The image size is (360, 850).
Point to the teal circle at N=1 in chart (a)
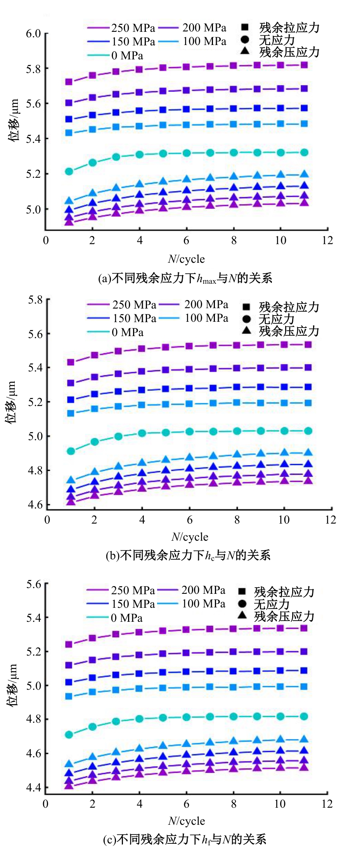[x=69, y=171]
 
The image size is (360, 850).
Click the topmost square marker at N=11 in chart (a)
[x=304, y=65]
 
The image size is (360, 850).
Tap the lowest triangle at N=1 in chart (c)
[x=69, y=785]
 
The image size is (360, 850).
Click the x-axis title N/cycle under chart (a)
[x=186, y=259]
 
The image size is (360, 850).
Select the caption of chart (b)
[x=188, y=555]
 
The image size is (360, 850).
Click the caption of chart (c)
[x=185, y=840]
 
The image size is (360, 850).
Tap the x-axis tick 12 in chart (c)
[x=327, y=804]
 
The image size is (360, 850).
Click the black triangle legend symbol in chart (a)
[x=245, y=50]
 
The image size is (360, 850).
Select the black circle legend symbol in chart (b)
[x=246, y=319]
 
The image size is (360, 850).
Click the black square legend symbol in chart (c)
[x=242, y=591]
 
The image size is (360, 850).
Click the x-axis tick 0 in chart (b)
[x=47, y=520]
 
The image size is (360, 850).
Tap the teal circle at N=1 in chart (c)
[x=69, y=734]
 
